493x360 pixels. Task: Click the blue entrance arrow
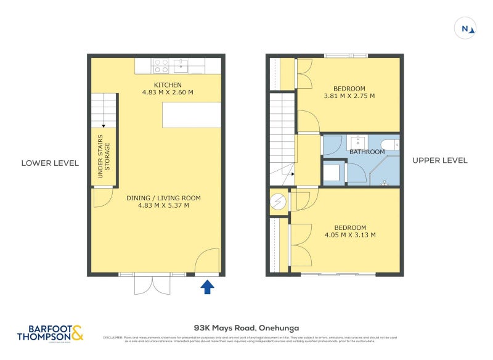click(208, 286)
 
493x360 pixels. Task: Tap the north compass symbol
click(467, 28)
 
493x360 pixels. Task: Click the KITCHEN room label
click(168, 84)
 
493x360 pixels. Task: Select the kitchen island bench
click(192, 115)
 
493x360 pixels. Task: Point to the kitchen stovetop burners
click(161, 63)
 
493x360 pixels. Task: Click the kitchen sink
click(182, 63)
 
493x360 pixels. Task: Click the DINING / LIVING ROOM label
click(163, 198)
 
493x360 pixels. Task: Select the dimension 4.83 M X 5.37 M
click(163, 206)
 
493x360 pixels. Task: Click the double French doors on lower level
click(152, 284)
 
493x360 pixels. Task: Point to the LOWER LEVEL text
click(50, 163)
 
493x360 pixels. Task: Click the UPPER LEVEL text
click(439, 160)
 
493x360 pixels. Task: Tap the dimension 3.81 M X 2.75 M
click(349, 96)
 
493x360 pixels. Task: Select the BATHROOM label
click(367, 152)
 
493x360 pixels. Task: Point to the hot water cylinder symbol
click(278, 202)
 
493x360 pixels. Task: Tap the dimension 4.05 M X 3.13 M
click(349, 235)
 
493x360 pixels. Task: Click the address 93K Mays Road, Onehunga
click(246, 329)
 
